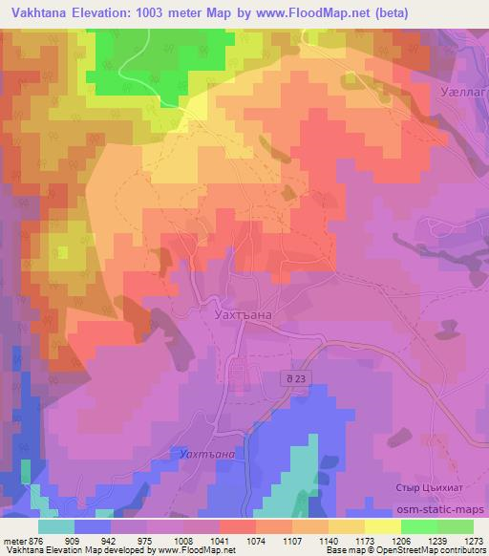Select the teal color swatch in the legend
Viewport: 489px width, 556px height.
click(56, 525)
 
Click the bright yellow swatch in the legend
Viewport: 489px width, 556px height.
click(383, 525)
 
